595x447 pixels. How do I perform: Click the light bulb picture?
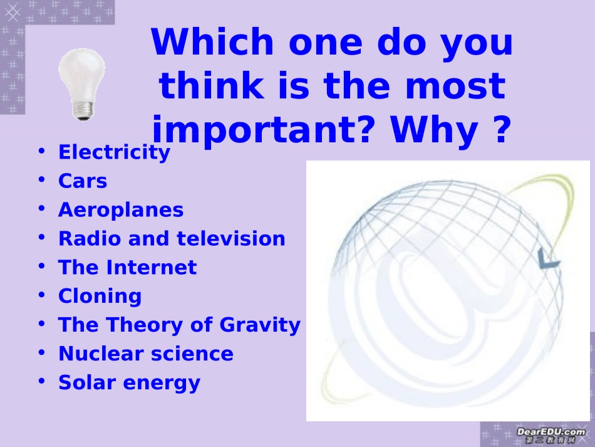tap(82, 84)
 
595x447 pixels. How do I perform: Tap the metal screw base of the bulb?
tap(83, 111)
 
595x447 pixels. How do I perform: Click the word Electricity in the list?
tap(114, 153)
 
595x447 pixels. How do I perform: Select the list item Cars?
tap(83, 181)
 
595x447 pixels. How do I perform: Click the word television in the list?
tap(230, 238)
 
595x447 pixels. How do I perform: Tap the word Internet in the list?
tap(152, 267)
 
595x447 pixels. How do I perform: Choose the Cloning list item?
tap(100, 297)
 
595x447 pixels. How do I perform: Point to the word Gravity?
tap(260, 325)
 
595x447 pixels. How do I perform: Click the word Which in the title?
tap(212, 42)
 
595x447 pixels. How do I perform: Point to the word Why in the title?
tap(434, 130)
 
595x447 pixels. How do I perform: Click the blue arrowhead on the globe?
tap(548, 259)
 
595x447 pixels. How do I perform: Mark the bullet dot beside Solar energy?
tap(42, 381)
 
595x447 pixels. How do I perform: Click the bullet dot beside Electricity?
tap(42, 150)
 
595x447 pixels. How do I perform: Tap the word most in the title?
tap(455, 86)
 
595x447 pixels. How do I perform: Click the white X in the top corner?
tap(13, 13)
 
